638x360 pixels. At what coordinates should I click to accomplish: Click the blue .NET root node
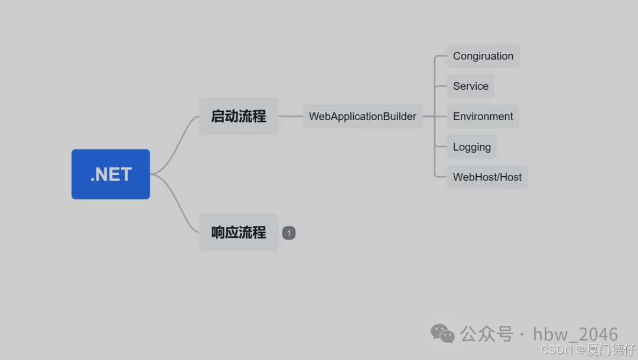click(x=110, y=174)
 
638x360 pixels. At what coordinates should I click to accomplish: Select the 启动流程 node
click(x=238, y=116)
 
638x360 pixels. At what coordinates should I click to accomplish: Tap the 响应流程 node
click(x=238, y=232)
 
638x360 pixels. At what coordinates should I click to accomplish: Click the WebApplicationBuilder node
click(x=362, y=116)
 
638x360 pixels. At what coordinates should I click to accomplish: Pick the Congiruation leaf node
click(x=483, y=56)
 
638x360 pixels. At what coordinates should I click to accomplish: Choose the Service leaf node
click(x=470, y=86)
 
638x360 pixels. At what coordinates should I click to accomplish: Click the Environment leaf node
click(x=483, y=116)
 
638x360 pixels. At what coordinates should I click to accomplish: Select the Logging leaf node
click(x=471, y=147)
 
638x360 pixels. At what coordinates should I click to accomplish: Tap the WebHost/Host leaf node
click(x=487, y=177)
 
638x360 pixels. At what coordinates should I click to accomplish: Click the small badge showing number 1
click(x=289, y=233)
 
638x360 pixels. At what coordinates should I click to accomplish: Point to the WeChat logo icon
click(x=442, y=333)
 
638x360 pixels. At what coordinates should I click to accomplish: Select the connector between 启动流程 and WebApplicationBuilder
click(x=290, y=116)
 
